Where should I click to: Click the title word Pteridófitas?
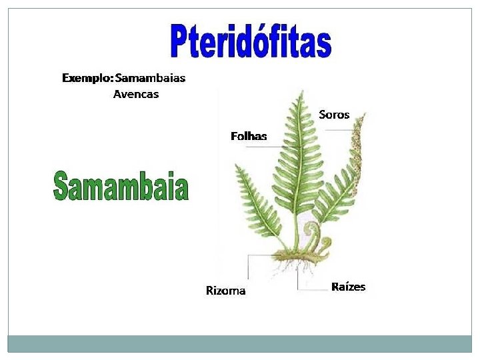click(x=250, y=41)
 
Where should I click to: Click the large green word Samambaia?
click(x=121, y=186)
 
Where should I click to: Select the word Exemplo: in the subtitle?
click(x=87, y=78)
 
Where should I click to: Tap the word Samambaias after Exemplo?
click(x=150, y=78)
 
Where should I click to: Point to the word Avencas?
click(x=136, y=94)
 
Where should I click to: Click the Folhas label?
click(x=249, y=136)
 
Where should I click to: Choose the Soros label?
click(x=334, y=115)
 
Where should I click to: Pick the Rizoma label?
click(x=225, y=291)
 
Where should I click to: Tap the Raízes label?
click(x=348, y=287)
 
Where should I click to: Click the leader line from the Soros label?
click(x=343, y=130)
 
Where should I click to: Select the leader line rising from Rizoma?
click(x=248, y=267)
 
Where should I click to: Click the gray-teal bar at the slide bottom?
click(x=240, y=343)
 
